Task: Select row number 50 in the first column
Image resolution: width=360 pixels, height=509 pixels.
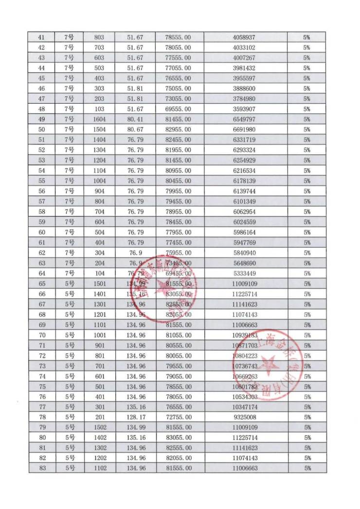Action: tap(41, 129)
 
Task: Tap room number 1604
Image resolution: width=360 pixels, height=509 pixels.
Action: tap(99, 119)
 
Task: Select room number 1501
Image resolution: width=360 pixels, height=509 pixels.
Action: tap(99, 283)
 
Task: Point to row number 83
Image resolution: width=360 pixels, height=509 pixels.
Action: tap(41, 468)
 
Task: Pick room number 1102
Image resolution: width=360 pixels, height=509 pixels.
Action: tap(99, 468)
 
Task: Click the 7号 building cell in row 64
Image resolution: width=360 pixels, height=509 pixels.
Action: tap(69, 273)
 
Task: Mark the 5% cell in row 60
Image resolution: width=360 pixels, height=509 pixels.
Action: tap(306, 232)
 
